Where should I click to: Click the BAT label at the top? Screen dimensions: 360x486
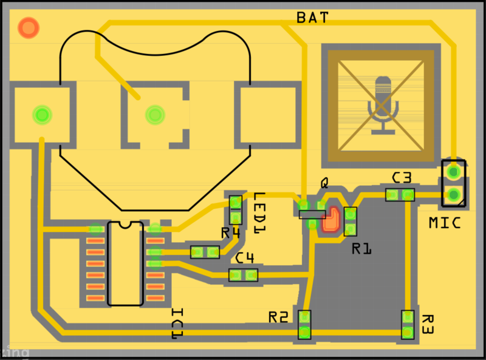(312, 18)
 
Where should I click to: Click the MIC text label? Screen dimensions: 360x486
(445, 223)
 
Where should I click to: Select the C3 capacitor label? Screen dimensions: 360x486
(402, 178)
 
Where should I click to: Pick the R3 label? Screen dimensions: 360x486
(427, 325)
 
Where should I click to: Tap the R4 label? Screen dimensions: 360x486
(231, 233)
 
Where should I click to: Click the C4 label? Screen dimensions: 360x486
(244, 258)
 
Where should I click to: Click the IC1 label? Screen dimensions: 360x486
(177, 324)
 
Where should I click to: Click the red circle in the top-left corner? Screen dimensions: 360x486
(29, 27)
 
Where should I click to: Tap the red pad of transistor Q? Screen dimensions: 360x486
(331, 220)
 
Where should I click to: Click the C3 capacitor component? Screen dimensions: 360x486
(400, 195)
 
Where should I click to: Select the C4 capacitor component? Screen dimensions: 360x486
(244, 275)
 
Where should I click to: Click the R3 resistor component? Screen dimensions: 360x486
(408, 325)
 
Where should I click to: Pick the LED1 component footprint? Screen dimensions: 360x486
(236, 209)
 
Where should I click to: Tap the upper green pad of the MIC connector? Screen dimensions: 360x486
(453, 172)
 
